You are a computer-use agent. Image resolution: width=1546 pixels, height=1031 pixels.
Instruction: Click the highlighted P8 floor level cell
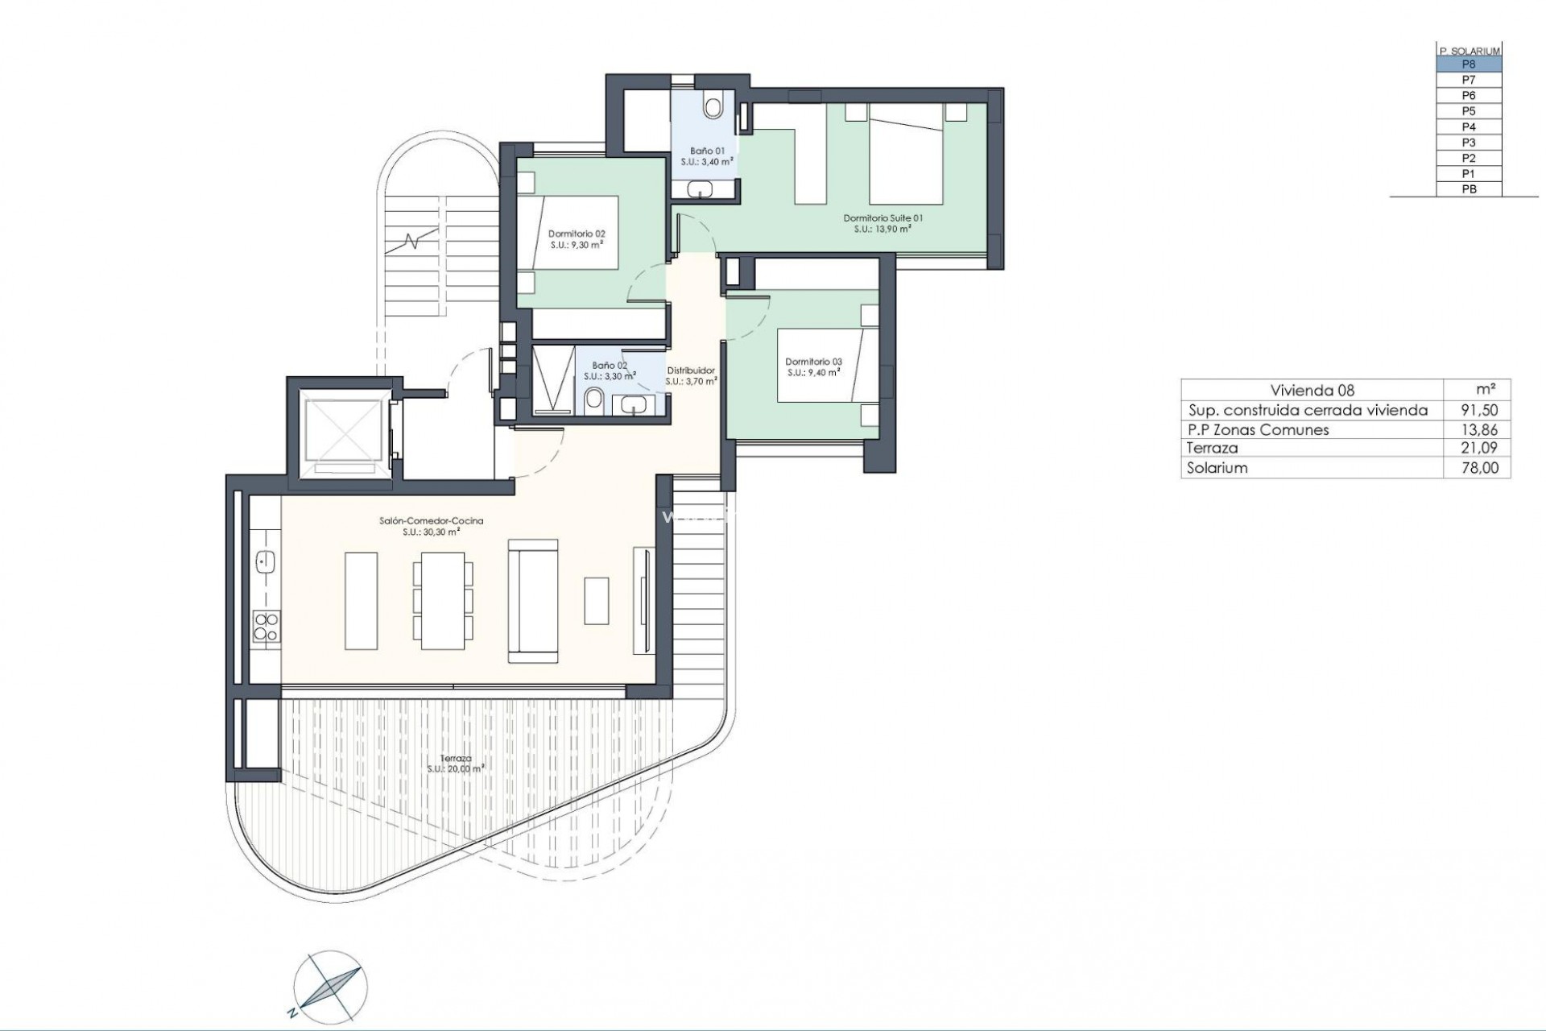click(1469, 64)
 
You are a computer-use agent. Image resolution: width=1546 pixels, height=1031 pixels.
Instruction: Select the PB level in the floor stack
click(1469, 190)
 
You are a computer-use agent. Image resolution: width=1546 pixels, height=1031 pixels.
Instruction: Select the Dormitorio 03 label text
click(813, 366)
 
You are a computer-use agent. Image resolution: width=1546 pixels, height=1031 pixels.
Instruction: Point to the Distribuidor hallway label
click(690, 375)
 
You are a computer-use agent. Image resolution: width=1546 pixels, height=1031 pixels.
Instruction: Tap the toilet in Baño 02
click(594, 399)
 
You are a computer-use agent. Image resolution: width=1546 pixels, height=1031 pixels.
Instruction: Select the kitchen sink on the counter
click(265, 561)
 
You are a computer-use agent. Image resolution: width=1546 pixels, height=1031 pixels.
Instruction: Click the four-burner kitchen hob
click(267, 627)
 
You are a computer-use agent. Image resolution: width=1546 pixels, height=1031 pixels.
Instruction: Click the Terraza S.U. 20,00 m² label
click(456, 764)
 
